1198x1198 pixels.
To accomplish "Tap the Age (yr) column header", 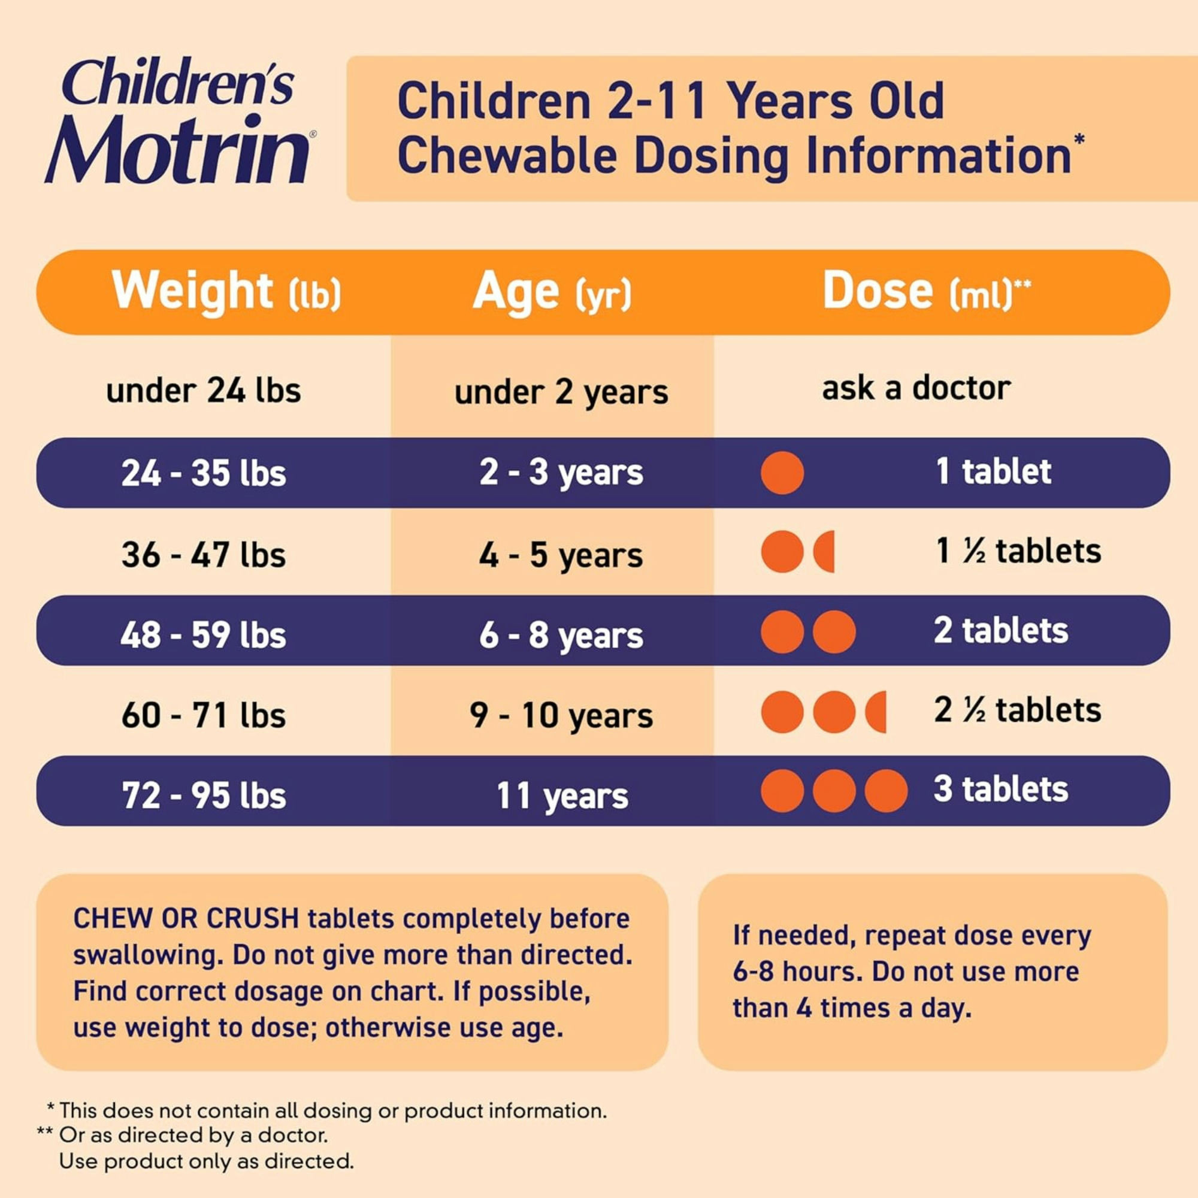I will (552, 292).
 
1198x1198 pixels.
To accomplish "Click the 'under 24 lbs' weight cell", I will (204, 391).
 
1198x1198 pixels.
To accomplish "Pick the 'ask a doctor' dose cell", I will (916, 389).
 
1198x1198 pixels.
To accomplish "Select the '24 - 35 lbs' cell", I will (204, 473).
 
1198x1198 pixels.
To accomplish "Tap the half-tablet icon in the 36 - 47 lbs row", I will (825, 551).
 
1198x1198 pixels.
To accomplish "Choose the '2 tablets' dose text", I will (1001, 631).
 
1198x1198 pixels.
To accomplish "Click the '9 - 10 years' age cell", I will (561, 715).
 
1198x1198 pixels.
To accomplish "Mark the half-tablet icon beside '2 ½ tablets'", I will (877, 712).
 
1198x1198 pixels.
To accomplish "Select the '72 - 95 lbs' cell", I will (204, 795).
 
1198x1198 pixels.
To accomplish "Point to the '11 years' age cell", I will (562, 795).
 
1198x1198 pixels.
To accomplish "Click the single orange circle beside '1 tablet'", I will (782, 473).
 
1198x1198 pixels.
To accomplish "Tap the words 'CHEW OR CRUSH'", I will (186, 918).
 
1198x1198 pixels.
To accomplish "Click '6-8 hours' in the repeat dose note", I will (797, 971).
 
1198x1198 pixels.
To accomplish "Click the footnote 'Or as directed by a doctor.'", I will (193, 1152).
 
